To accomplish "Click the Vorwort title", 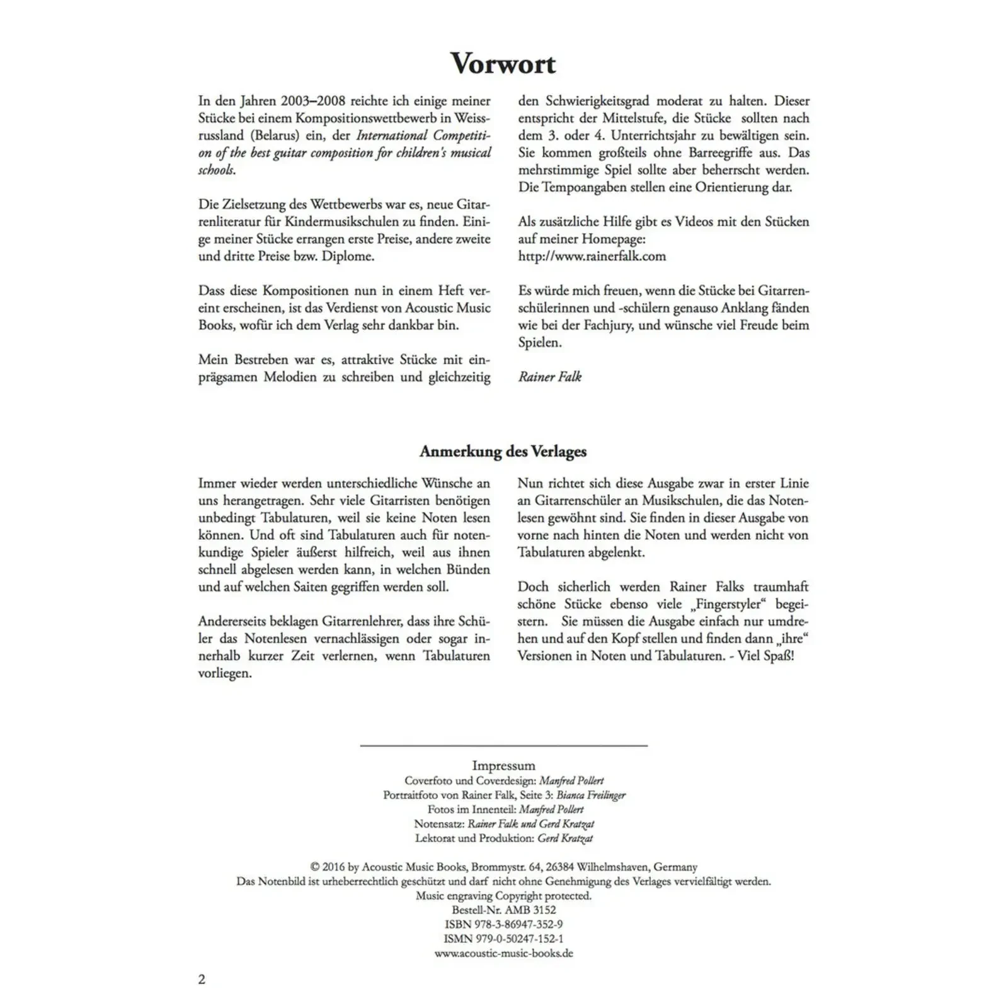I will [x=503, y=64].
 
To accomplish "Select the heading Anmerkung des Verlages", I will [x=503, y=452].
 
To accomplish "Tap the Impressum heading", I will [x=503, y=765].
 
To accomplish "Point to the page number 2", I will [x=202, y=979].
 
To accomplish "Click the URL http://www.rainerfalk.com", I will [x=592, y=256].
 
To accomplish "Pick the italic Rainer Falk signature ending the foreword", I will [x=549, y=377].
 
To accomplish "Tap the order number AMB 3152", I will [x=530, y=910].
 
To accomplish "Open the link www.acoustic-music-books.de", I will [x=503, y=953].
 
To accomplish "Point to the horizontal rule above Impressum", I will [x=503, y=746].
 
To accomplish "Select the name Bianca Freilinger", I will [x=590, y=795].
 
